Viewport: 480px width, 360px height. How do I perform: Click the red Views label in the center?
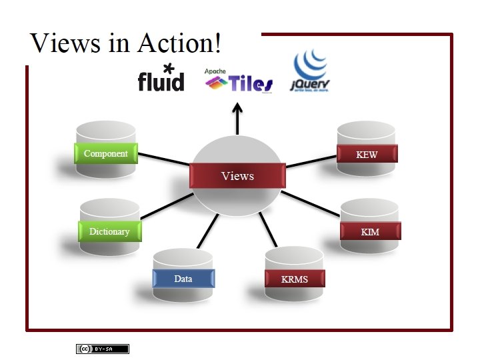pyautogui.click(x=238, y=176)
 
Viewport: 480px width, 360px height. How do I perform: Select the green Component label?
pyautogui.click(x=106, y=153)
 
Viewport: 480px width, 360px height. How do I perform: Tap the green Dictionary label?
pyautogui.click(x=109, y=231)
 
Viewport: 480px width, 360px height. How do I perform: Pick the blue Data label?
pyautogui.click(x=183, y=279)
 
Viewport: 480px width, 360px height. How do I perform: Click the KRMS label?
pyautogui.click(x=295, y=279)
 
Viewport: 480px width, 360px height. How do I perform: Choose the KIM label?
pyautogui.click(x=370, y=232)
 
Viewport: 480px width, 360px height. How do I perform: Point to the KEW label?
pyautogui.click(x=367, y=155)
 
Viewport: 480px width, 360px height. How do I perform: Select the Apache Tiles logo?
pyautogui.click(x=239, y=81)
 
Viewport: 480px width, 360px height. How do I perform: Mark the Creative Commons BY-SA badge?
pyautogui.click(x=102, y=349)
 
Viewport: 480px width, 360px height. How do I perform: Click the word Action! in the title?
pyautogui.click(x=179, y=43)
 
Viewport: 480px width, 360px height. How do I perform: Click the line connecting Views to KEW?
pyautogui.click(x=311, y=162)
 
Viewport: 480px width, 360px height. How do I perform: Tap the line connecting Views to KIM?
pyautogui.click(x=311, y=203)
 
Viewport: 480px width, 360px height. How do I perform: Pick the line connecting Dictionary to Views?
pyautogui.click(x=166, y=207)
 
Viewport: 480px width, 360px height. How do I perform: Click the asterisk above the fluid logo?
pyautogui.click(x=168, y=67)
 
